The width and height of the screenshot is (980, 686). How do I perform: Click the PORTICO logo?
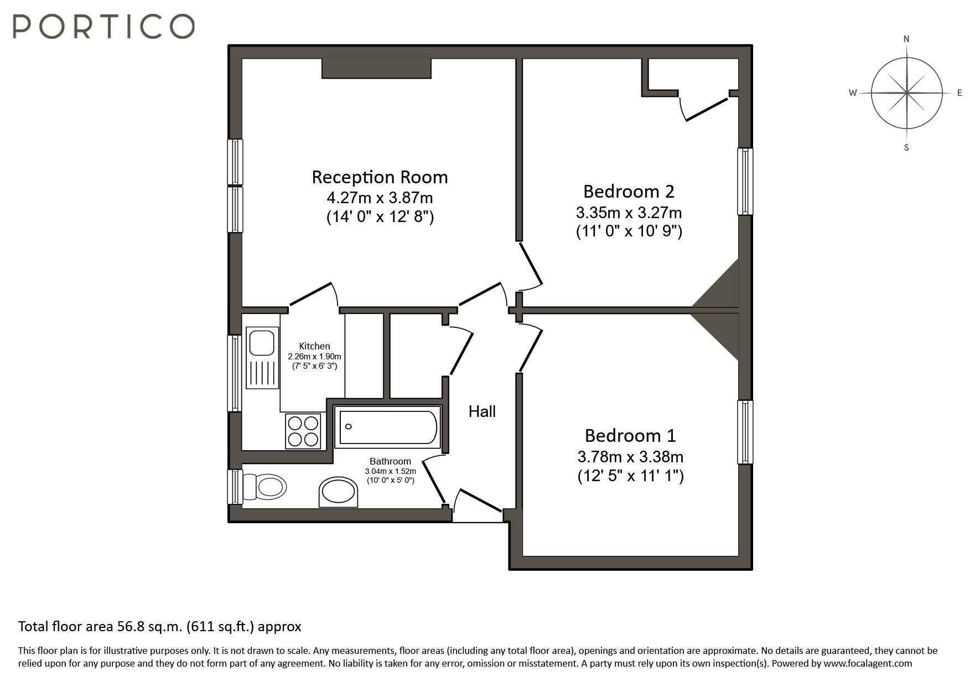click(103, 26)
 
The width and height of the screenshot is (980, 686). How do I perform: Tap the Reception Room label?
click(380, 177)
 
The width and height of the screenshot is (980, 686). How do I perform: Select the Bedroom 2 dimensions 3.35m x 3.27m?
click(629, 213)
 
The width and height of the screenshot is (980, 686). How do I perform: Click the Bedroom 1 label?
click(630, 436)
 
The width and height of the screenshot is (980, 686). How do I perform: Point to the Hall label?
click(482, 411)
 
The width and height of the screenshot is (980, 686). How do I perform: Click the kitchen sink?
click(262, 343)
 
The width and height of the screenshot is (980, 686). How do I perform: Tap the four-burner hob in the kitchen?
click(303, 431)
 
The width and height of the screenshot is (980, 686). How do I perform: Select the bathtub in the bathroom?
click(388, 427)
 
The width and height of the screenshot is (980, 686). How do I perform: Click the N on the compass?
click(906, 39)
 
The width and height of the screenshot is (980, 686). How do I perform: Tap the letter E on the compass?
click(960, 93)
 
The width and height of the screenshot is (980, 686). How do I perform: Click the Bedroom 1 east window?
click(745, 432)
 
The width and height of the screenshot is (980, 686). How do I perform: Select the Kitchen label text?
click(314, 346)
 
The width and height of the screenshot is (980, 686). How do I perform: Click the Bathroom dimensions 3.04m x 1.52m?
click(390, 471)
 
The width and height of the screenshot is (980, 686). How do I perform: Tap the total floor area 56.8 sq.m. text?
click(160, 627)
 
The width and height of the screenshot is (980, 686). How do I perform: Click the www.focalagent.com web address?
click(867, 663)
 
